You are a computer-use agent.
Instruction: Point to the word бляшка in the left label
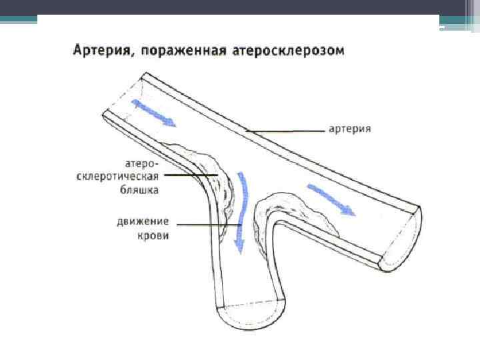pos(141,189)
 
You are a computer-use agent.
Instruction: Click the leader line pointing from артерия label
pos(287,130)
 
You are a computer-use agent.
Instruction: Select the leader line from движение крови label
pos(200,225)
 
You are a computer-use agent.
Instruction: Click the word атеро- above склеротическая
pos(142,163)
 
